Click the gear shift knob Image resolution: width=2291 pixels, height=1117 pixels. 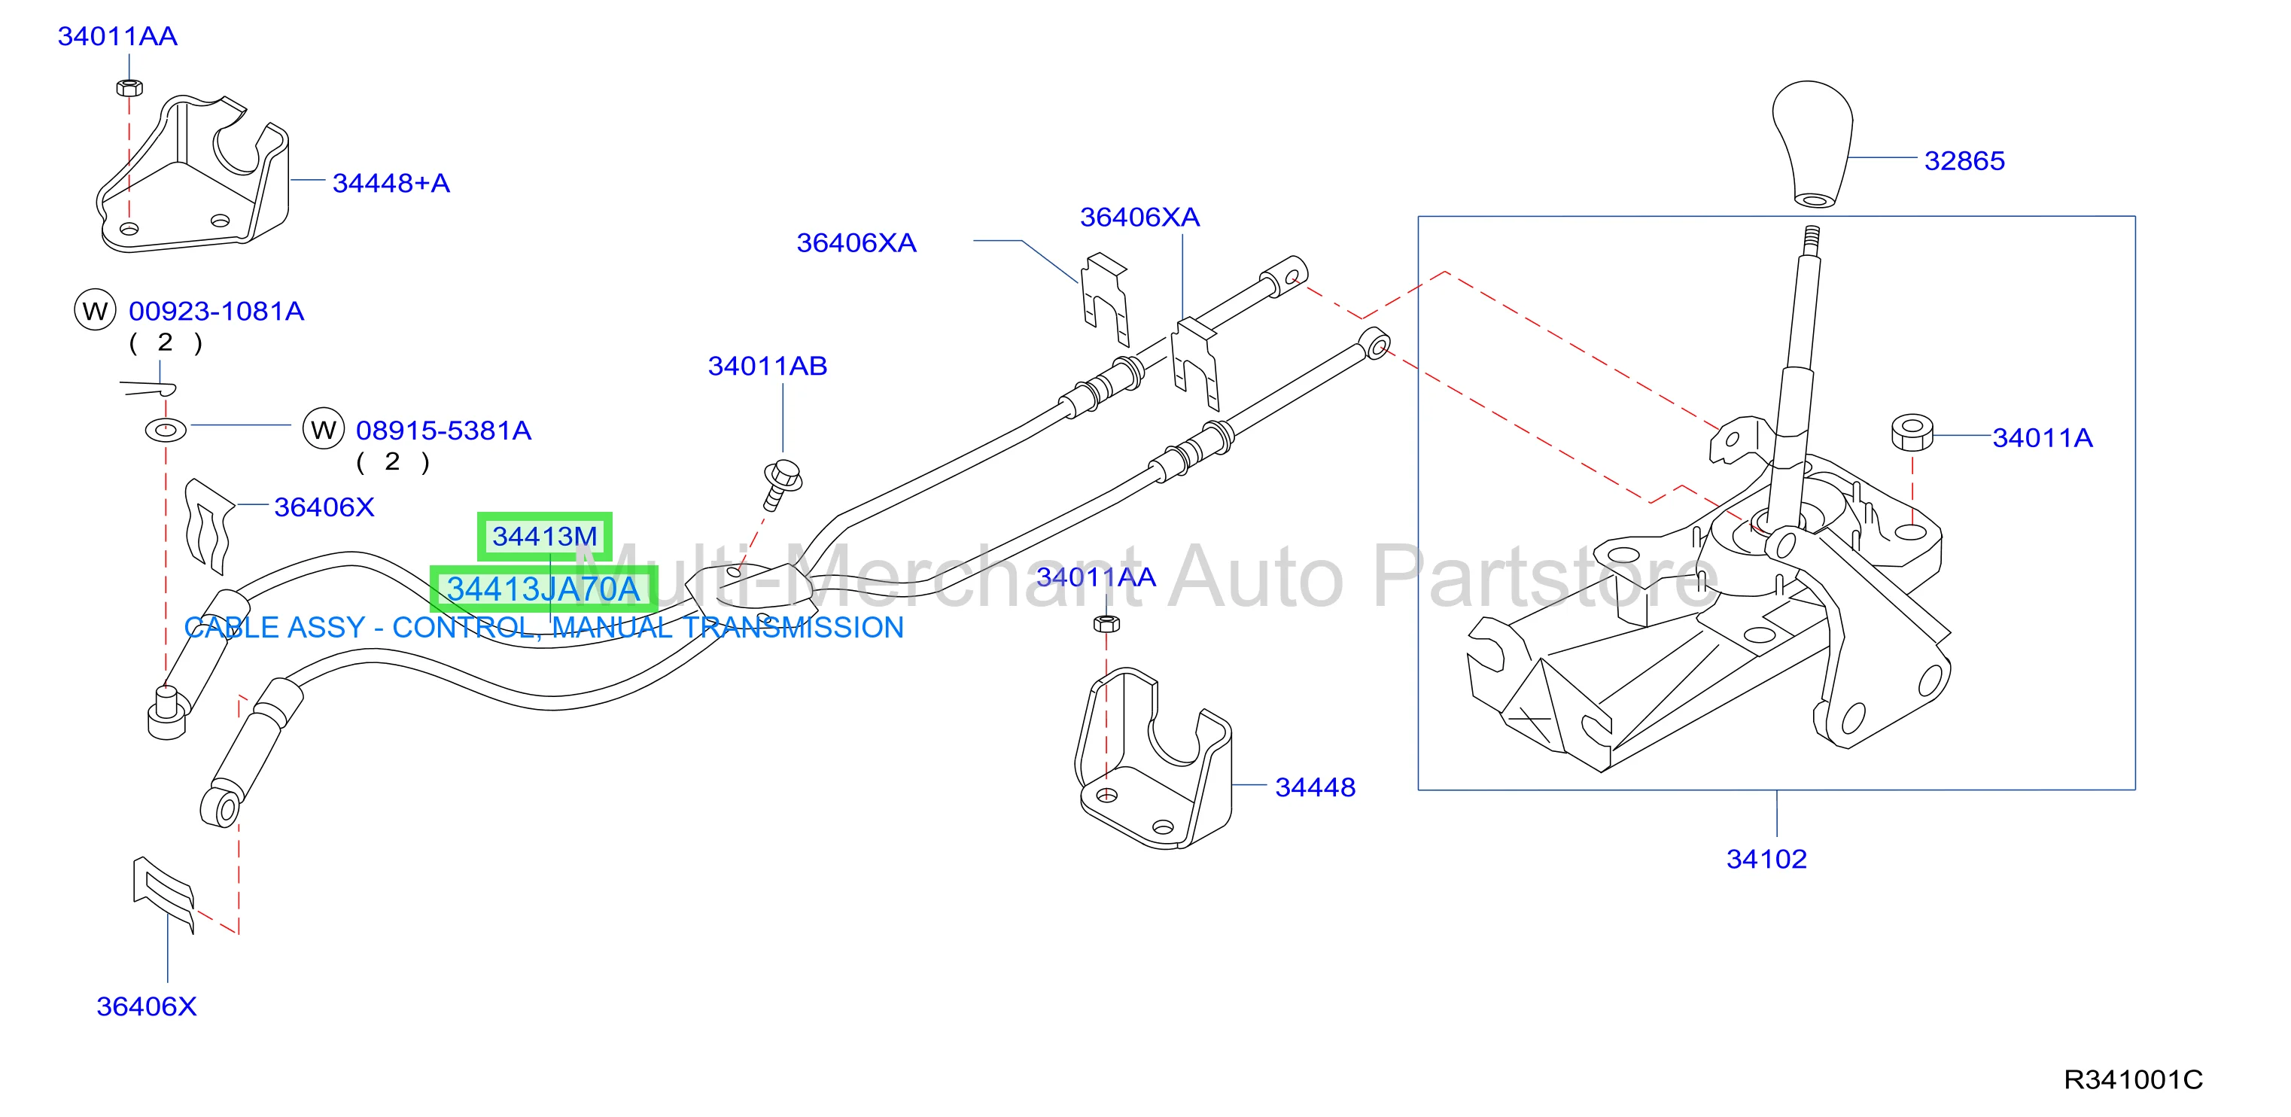click(1812, 142)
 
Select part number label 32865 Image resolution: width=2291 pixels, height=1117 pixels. click(1964, 161)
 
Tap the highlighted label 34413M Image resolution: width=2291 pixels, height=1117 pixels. click(544, 536)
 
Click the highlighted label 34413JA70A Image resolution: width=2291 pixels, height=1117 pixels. click(543, 589)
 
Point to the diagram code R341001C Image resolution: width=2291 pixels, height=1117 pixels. click(2133, 1079)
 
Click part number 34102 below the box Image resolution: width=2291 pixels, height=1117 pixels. click(1766, 859)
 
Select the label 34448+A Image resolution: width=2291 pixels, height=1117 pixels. click(391, 183)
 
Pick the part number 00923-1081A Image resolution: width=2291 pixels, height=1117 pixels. click(216, 312)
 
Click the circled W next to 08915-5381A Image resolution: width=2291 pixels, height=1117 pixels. click(324, 430)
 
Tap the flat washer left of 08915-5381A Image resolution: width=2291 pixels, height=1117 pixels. click(166, 431)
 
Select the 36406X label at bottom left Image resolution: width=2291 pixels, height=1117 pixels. click(146, 1006)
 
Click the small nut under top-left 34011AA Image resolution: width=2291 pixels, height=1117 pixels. click(130, 87)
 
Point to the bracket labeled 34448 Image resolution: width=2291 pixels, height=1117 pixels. click(1155, 760)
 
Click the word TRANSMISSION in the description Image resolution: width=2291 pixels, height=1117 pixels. click(793, 628)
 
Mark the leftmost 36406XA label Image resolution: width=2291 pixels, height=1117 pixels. click(856, 243)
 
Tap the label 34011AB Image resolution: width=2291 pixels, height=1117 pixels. click(768, 366)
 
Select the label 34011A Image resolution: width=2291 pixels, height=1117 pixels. click(2042, 437)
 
